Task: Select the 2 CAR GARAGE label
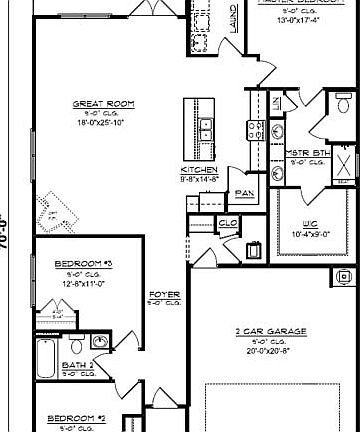point(271,329)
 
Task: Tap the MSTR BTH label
point(309,152)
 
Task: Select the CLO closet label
point(227,223)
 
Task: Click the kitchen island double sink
point(204,129)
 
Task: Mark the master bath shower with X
point(343,166)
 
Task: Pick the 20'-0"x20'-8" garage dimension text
point(271,349)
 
